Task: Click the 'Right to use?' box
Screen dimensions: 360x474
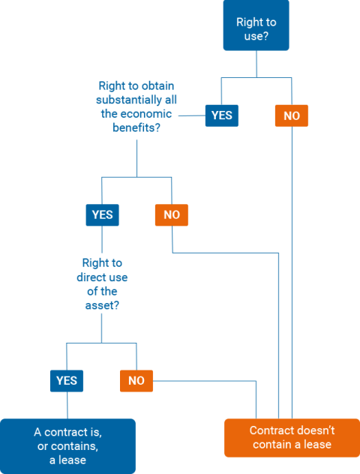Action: [256, 25]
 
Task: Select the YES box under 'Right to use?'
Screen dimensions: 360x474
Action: [222, 115]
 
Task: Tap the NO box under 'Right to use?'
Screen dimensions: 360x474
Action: [292, 115]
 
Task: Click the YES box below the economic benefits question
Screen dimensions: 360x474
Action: [103, 215]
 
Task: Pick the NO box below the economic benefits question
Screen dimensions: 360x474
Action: [172, 215]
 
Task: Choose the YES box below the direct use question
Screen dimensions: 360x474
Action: [67, 381]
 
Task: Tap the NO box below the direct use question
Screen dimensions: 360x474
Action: [136, 381]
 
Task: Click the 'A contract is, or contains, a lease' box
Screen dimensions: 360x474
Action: [67, 446]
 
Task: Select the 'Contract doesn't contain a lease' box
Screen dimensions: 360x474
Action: [292, 438]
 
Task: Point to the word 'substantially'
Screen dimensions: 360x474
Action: [129, 100]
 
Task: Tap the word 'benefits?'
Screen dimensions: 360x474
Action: [136, 127]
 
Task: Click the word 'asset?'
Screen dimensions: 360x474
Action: [102, 305]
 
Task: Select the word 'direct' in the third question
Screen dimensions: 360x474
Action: [91, 277]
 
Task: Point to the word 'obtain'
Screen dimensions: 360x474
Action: [157, 85]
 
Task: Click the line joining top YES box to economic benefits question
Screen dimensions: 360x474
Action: [192, 115]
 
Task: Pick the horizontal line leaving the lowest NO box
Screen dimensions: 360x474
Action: [205, 381]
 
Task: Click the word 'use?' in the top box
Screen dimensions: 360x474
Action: [256, 36]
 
